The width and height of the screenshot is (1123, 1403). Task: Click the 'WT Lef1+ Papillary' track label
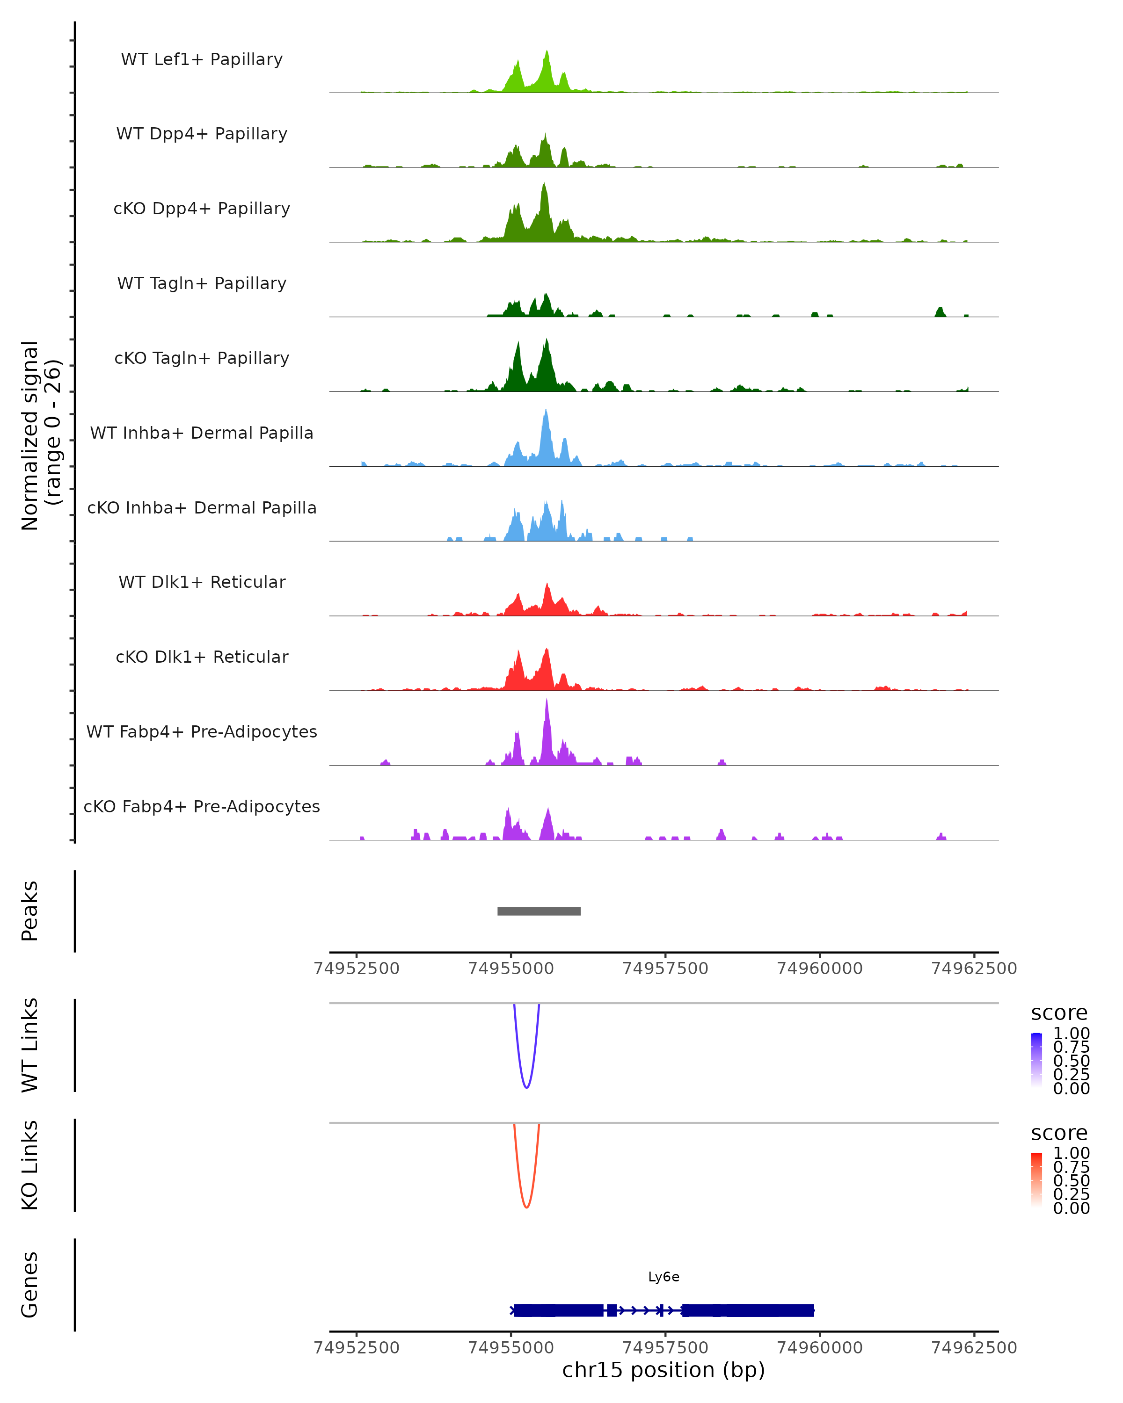point(202,59)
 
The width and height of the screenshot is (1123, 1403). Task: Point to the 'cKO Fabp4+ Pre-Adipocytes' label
point(202,806)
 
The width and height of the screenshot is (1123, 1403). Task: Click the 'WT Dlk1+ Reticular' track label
point(202,582)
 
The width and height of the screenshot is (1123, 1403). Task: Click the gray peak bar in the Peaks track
point(539,911)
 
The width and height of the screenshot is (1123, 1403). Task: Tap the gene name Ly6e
point(664,1277)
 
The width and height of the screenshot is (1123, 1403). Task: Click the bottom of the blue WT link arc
point(527,1087)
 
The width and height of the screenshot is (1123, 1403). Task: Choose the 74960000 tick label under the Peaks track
point(820,969)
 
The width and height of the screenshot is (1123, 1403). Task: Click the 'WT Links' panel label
point(30,1045)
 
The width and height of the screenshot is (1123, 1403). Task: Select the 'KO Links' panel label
point(30,1165)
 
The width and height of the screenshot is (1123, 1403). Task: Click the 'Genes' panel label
point(30,1285)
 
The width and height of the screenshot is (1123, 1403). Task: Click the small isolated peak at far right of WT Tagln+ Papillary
point(940,312)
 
